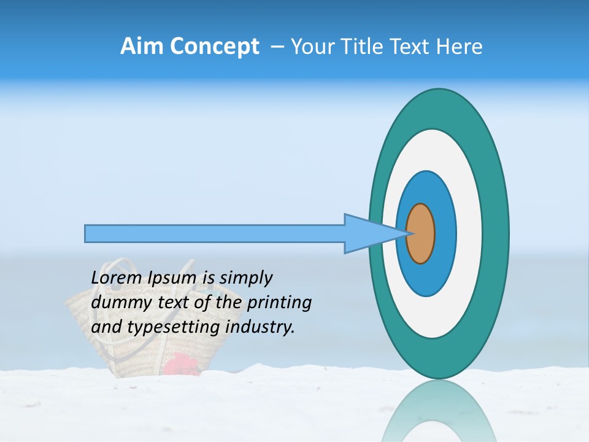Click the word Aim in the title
coord(142,47)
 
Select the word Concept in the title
coord(214,47)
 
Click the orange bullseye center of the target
coord(421,234)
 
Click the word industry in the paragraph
coord(260,327)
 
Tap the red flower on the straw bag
coord(182,365)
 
